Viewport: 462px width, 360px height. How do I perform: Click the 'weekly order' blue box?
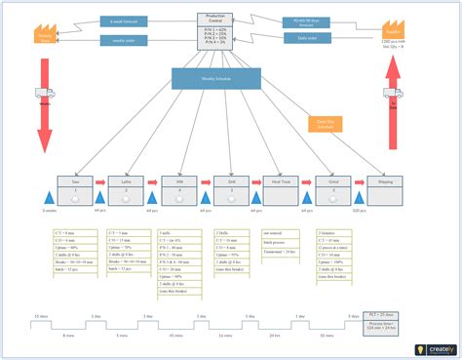124,40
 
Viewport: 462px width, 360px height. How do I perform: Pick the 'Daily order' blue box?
304,38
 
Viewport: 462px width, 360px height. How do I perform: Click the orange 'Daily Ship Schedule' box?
325,124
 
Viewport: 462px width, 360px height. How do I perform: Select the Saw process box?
75,190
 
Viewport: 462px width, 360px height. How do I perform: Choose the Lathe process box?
125,190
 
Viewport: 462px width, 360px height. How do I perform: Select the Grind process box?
332,190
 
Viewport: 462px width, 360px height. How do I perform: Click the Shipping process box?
384,190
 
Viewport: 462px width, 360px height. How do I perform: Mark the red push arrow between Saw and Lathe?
99,181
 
